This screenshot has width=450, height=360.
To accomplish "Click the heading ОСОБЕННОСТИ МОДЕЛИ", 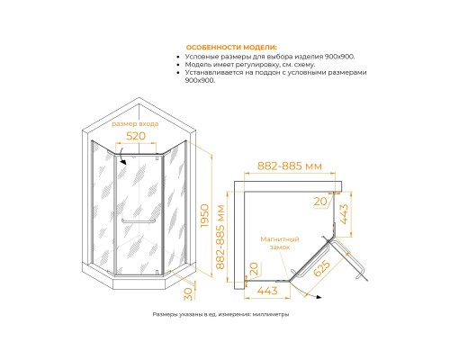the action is (231, 48).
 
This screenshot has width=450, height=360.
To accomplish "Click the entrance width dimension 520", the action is (136, 136).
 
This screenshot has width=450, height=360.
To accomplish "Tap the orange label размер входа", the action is (135, 124).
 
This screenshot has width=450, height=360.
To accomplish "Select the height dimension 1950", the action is (204, 215).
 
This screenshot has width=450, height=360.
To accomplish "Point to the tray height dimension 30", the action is (188, 293).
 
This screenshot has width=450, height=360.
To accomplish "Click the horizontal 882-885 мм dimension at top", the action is (290, 166).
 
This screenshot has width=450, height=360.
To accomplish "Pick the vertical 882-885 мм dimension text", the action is (220, 237).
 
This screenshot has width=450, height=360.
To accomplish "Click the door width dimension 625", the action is (321, 268).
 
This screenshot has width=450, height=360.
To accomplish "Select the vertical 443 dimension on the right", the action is (344, 214).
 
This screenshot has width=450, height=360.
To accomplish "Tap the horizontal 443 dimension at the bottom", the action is (267, 291).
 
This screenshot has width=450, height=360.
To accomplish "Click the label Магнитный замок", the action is (280, 243).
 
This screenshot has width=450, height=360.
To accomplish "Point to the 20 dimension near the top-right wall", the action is (320, 202).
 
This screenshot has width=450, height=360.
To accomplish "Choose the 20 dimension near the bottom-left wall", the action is (254, 268).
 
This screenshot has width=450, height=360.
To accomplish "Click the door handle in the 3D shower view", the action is (139, 221).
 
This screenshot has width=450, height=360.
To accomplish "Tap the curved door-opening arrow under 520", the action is (121, 156).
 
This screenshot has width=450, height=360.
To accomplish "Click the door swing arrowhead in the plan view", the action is (319, 297).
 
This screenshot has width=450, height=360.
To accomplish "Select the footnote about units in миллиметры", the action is (220, 314).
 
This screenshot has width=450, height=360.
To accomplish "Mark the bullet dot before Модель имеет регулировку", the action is (178, 65).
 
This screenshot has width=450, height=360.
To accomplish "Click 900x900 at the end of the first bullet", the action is (339, 57).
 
